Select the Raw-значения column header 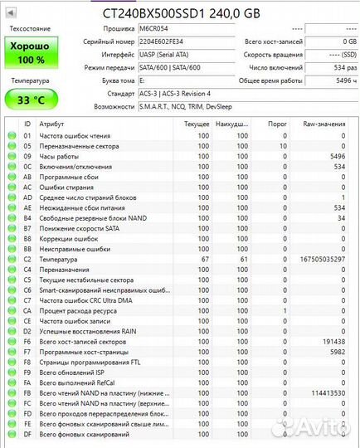[x=324, y=124]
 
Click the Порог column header [x=278, y=124]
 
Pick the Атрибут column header [x=52, y=124]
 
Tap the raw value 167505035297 [x=319, y=260]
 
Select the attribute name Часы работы [x=59, y=156]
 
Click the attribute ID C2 [x=27, y=260]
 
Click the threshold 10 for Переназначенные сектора [x=283, y=146]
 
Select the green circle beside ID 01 [x=12, y=135]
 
